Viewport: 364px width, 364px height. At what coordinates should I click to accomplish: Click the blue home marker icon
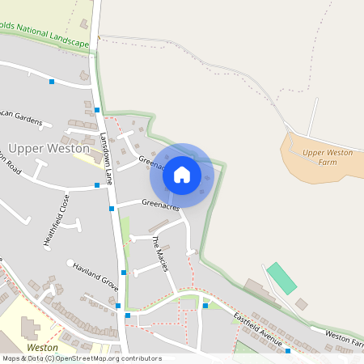point(182,174)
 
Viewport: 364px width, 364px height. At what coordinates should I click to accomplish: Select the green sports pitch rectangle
point(282,277)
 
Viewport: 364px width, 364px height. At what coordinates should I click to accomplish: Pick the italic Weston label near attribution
point(42,347)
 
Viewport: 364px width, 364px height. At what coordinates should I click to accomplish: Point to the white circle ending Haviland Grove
point(70,262)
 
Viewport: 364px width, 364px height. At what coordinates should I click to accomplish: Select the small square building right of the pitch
point(301,303)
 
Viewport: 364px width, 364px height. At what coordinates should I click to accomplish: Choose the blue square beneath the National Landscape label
point(52,82)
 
